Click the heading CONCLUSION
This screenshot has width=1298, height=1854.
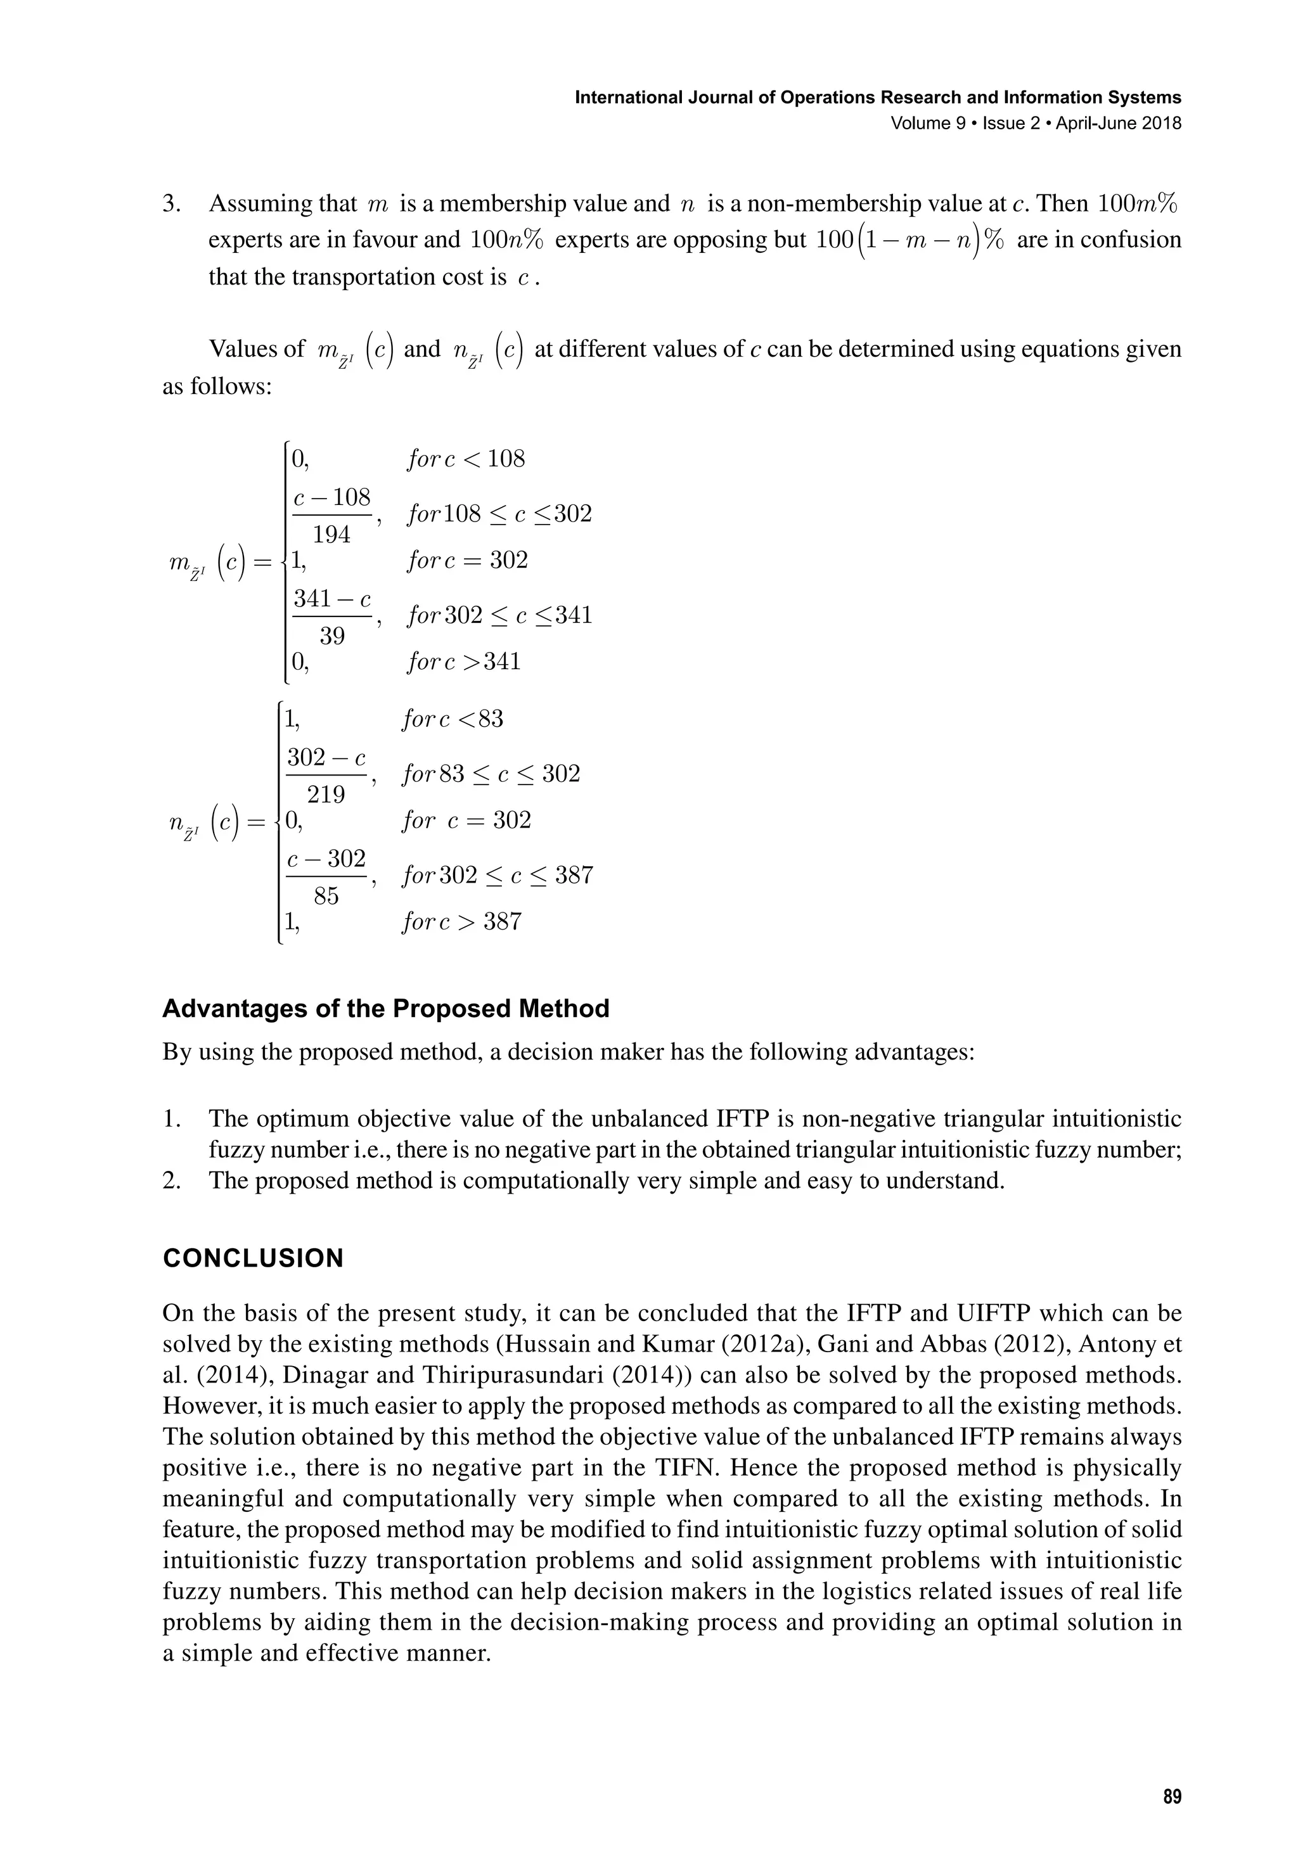(253, 1259)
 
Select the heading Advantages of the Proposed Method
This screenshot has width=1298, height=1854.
(385, 1009)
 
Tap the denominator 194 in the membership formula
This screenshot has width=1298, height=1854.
(331, 535)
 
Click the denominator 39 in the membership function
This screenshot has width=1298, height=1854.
(331, 636)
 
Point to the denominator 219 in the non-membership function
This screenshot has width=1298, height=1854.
(326, 795)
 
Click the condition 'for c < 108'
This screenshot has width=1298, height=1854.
(465, 459)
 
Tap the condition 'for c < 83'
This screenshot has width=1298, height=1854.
(453, 719)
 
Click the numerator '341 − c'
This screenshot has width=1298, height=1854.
(331, 599)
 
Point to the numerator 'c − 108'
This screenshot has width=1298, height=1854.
(331, 497)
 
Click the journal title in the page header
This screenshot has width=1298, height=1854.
(877, 98)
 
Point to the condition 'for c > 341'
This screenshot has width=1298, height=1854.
(464, 662)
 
